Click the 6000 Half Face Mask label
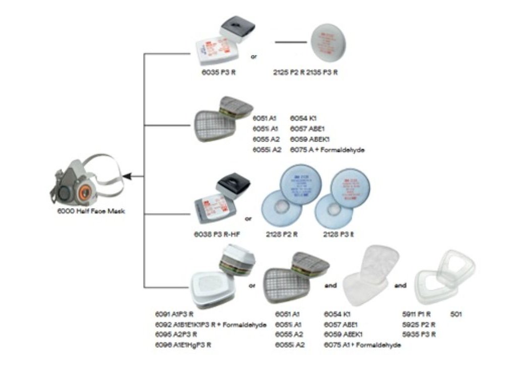point(90,212)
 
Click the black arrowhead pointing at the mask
point(127,176)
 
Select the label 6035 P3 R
point(218,72)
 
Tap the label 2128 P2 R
point(281,234)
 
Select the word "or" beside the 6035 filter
point(254,56)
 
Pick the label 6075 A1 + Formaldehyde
point(362,345)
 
